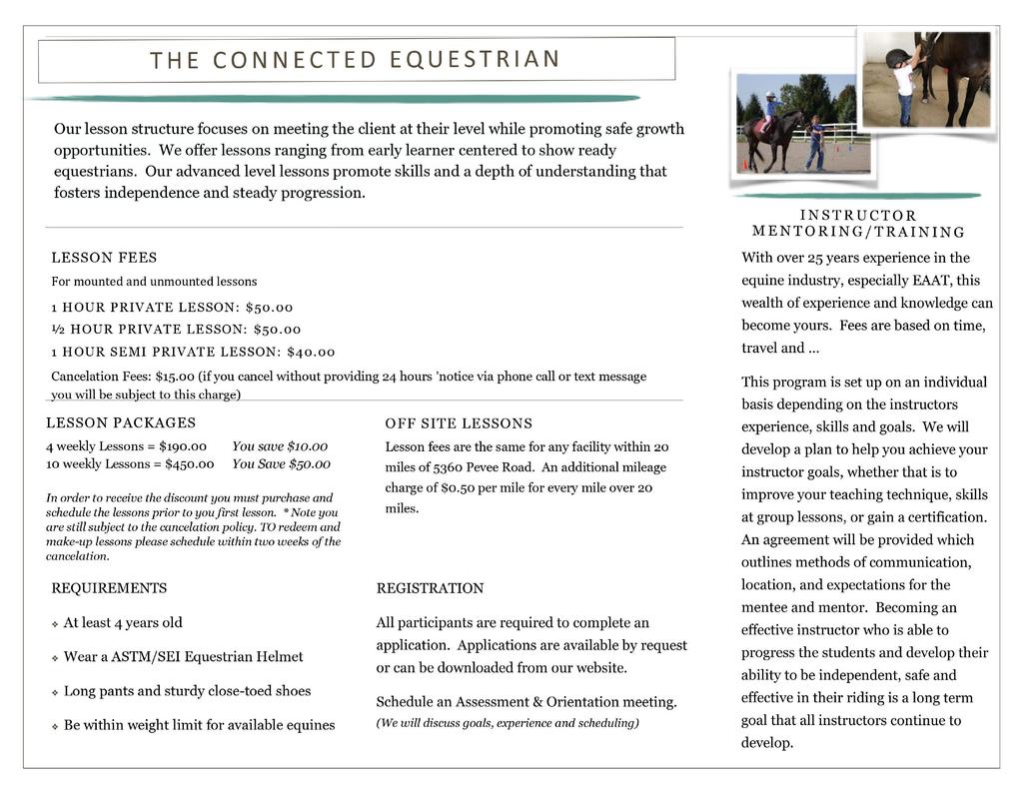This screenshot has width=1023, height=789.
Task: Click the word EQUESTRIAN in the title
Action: pos(475,59)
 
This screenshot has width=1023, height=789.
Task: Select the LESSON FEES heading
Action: pos(104,258)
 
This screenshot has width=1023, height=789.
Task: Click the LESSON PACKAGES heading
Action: pos(121,422)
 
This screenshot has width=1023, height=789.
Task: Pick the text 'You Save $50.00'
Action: pos(281,463)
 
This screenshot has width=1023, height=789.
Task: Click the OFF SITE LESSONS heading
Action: pos(459,423)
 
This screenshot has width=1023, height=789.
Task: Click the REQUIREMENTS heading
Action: pos(109,588)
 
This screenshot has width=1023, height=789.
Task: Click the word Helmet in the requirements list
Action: pos(280,656)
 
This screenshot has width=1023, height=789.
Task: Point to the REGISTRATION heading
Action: pos(430,588)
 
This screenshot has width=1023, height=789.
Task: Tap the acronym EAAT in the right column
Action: pos(932,281)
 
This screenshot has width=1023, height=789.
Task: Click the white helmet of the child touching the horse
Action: pos(897,58)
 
